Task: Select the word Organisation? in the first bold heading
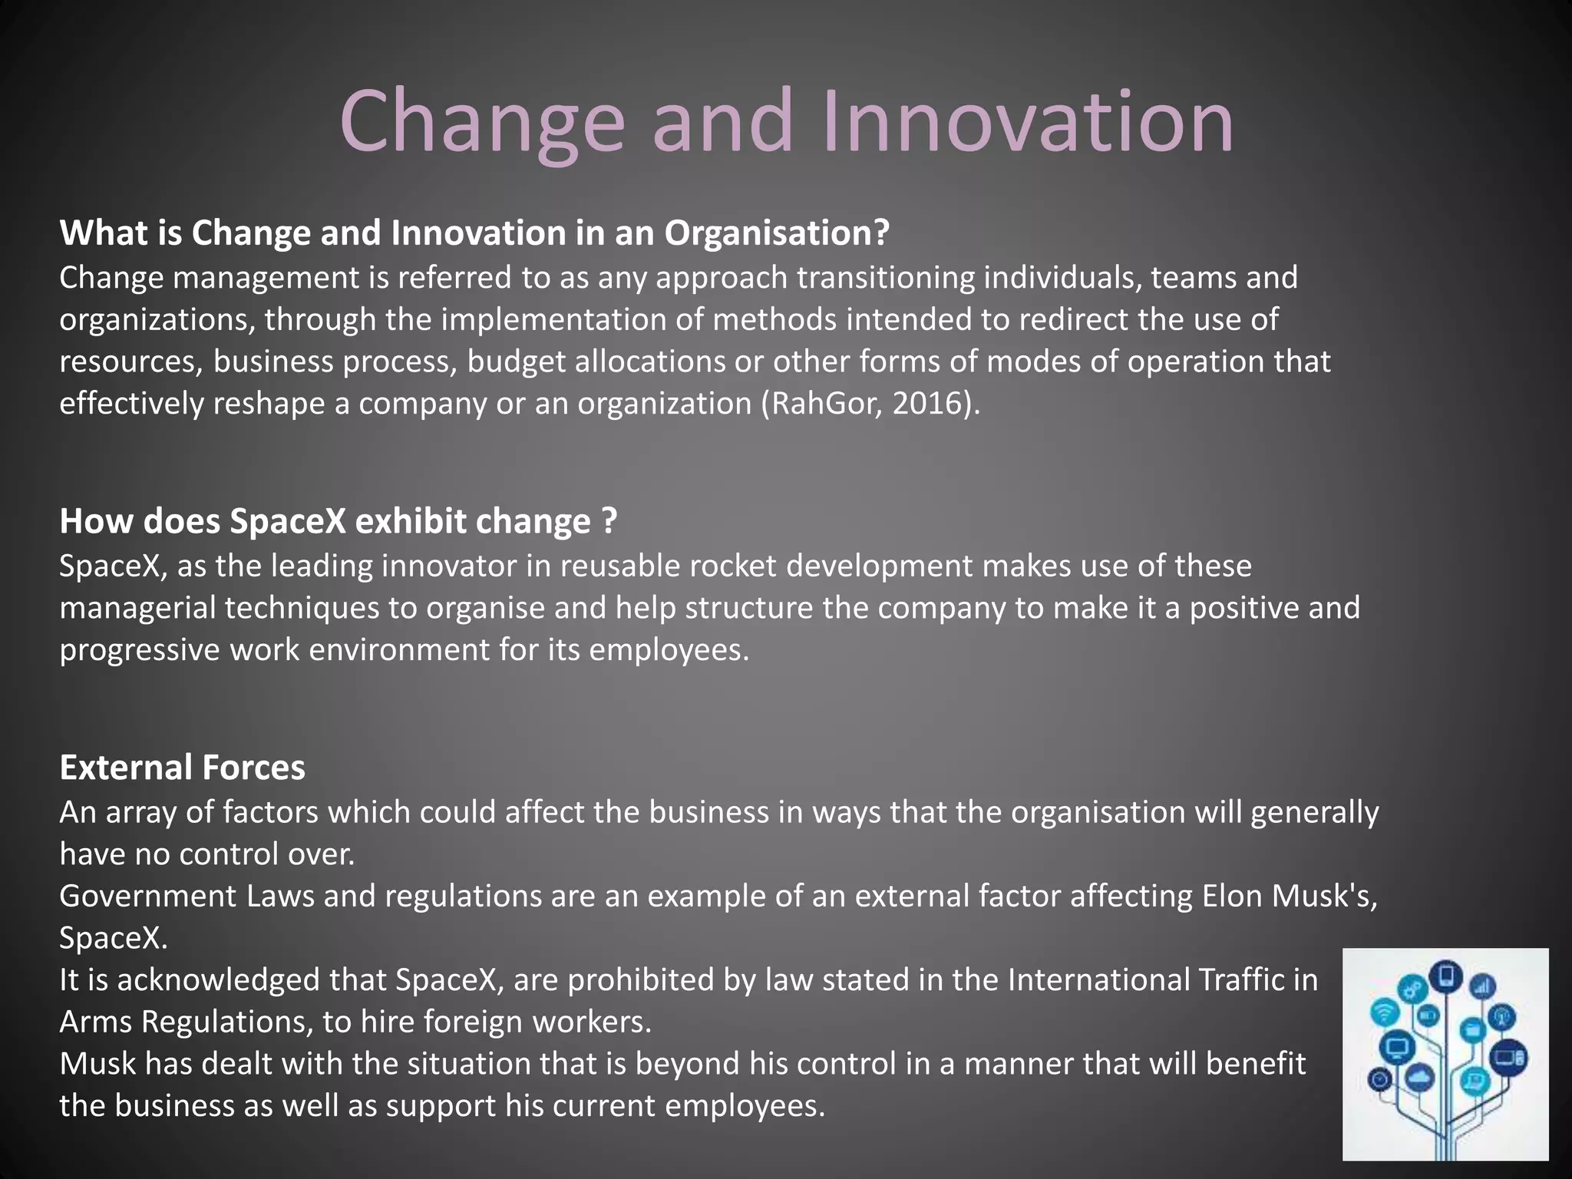(x=777, y=233)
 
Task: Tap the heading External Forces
(x=183, y=767)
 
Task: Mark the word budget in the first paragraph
(x=516, y=361)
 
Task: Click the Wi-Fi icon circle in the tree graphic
(x=1385, y=1013)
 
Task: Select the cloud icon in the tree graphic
(x=1420, y=1078)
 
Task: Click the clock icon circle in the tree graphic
(x=1379, y=1079)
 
